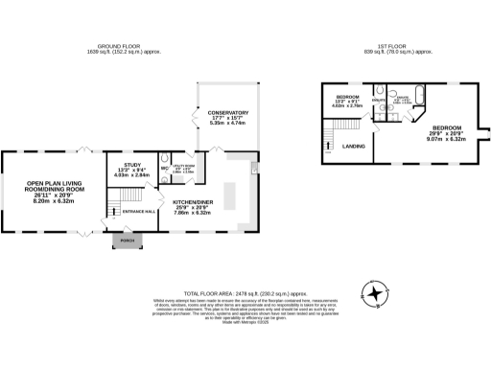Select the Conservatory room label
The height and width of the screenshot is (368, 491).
(228, 118)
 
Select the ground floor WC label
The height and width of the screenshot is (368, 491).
(164, 170)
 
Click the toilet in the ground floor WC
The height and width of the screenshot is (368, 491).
(165, 159)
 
